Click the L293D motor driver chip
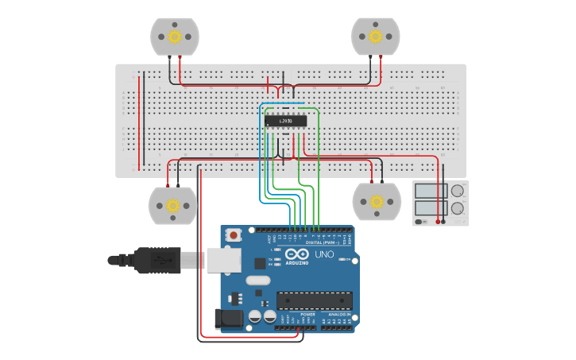pos(285,121)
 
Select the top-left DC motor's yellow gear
pos(175,37)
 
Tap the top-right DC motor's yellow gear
pos(375,37)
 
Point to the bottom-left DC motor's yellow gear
pos(172,205)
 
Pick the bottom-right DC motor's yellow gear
pos(377,201)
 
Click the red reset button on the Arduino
pos(234,235)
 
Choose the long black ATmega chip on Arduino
pos(314,300)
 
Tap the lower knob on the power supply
pos(458,208)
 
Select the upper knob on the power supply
pos(458,191)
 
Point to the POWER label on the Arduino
pos(307,315)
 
